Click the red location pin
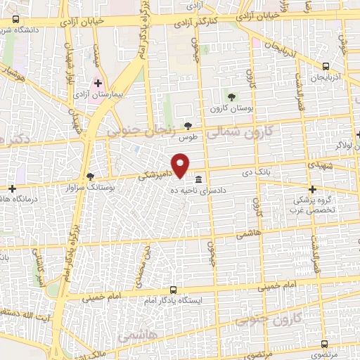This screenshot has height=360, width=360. [x=181, y=165]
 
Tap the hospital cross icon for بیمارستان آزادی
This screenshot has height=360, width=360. [x=98, y=82]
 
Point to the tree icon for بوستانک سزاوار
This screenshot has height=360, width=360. [x=89, y=176]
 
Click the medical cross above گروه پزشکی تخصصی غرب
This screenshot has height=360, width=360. [x=313, y=189]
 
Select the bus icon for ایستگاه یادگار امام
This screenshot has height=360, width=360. [x=174, y=290]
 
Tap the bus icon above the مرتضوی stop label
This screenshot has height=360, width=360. [x=324, y=344]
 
